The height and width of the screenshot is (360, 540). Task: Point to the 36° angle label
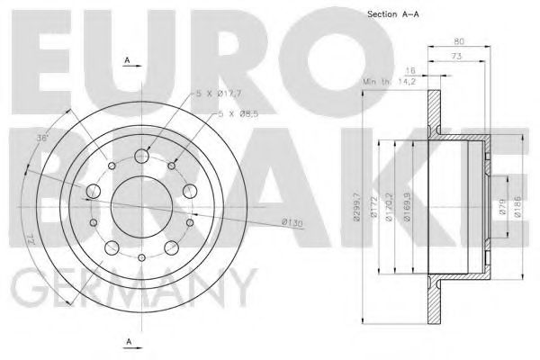click(41, 139)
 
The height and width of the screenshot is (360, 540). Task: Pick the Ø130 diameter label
click(291, 221)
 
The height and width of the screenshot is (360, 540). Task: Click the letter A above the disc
click(129, 59)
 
